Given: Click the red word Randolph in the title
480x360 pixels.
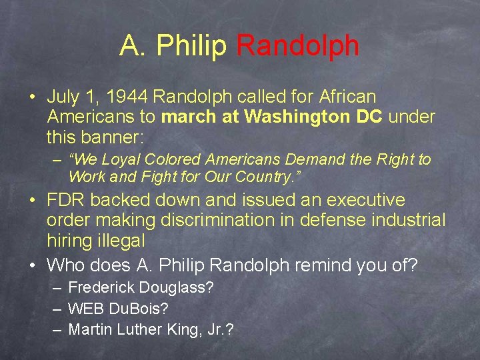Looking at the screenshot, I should pyautogui.click(x=297, y=45).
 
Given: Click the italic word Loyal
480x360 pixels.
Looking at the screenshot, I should pyautogui.click(x=122, y=160).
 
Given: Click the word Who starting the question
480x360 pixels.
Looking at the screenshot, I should pyautogui.click(x=65, y=265).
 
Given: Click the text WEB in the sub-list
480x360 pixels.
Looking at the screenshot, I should pyautogui.click(x=84, y=309).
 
